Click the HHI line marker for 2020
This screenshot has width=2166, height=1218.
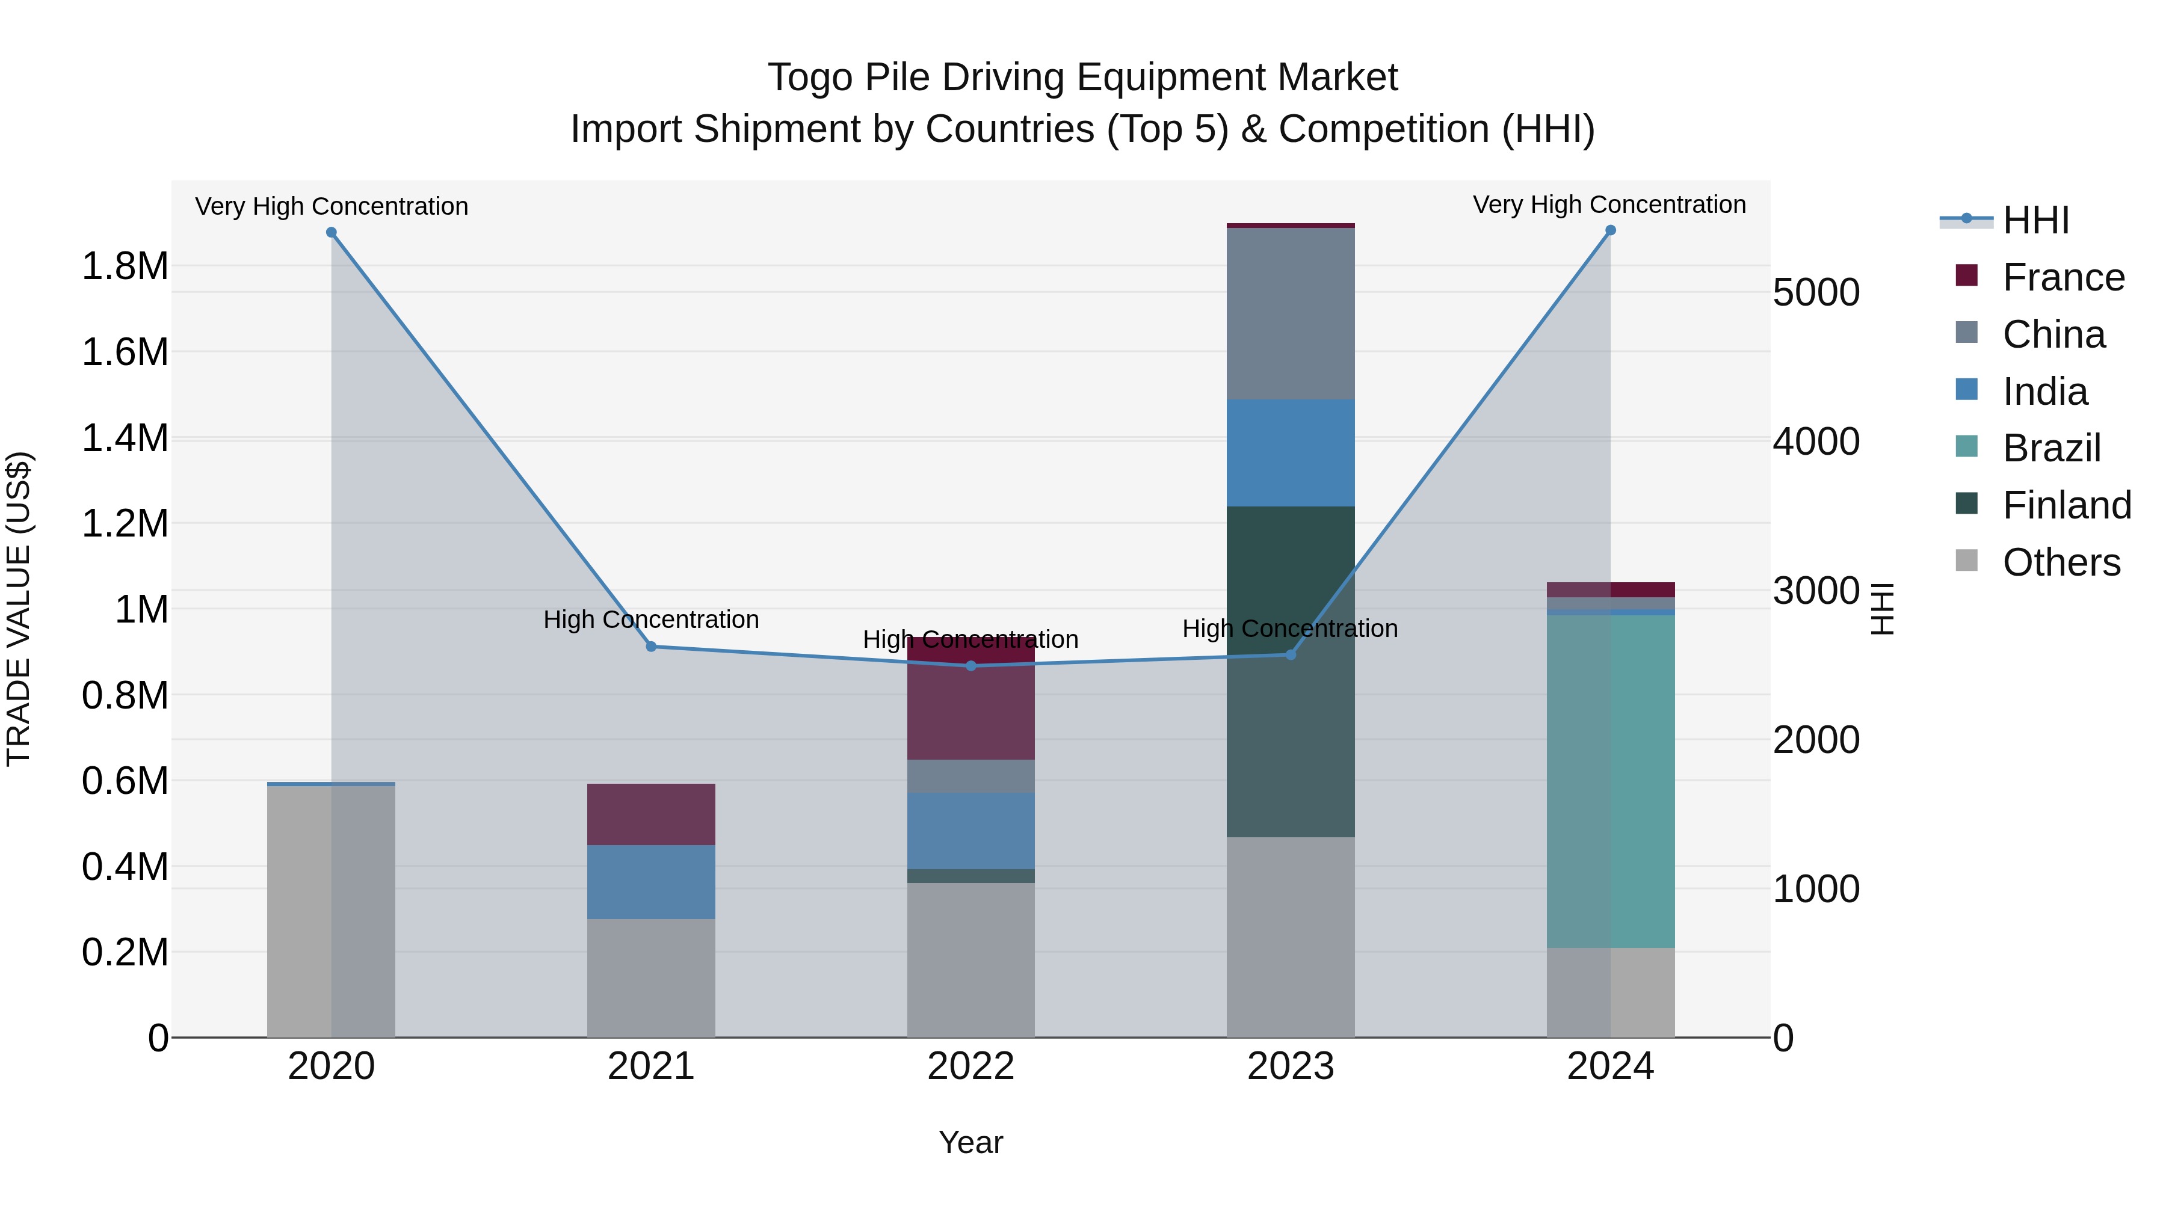332,233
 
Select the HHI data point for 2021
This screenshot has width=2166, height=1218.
651,647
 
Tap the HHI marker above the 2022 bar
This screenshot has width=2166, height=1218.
971,666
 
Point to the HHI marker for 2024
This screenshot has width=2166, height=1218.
1610,230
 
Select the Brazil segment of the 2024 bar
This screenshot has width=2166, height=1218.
1610,782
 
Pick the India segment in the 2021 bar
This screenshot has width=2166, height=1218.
651,882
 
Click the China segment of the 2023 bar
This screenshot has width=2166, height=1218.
1291,313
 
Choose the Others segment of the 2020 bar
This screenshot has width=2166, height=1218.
332,912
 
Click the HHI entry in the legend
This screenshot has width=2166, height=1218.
2035,220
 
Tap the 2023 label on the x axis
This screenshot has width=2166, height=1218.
1291,1066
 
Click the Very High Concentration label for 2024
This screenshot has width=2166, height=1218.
1608,205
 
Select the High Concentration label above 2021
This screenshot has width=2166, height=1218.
651,620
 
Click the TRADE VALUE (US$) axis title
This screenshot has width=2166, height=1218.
19,609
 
